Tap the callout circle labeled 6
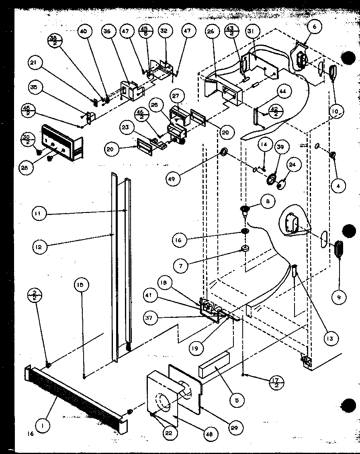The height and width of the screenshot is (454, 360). click(315, 27)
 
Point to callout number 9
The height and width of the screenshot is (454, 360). click(339, 297)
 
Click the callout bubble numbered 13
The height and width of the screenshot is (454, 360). click(330, 339)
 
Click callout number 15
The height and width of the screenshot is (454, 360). click(80, 285)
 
